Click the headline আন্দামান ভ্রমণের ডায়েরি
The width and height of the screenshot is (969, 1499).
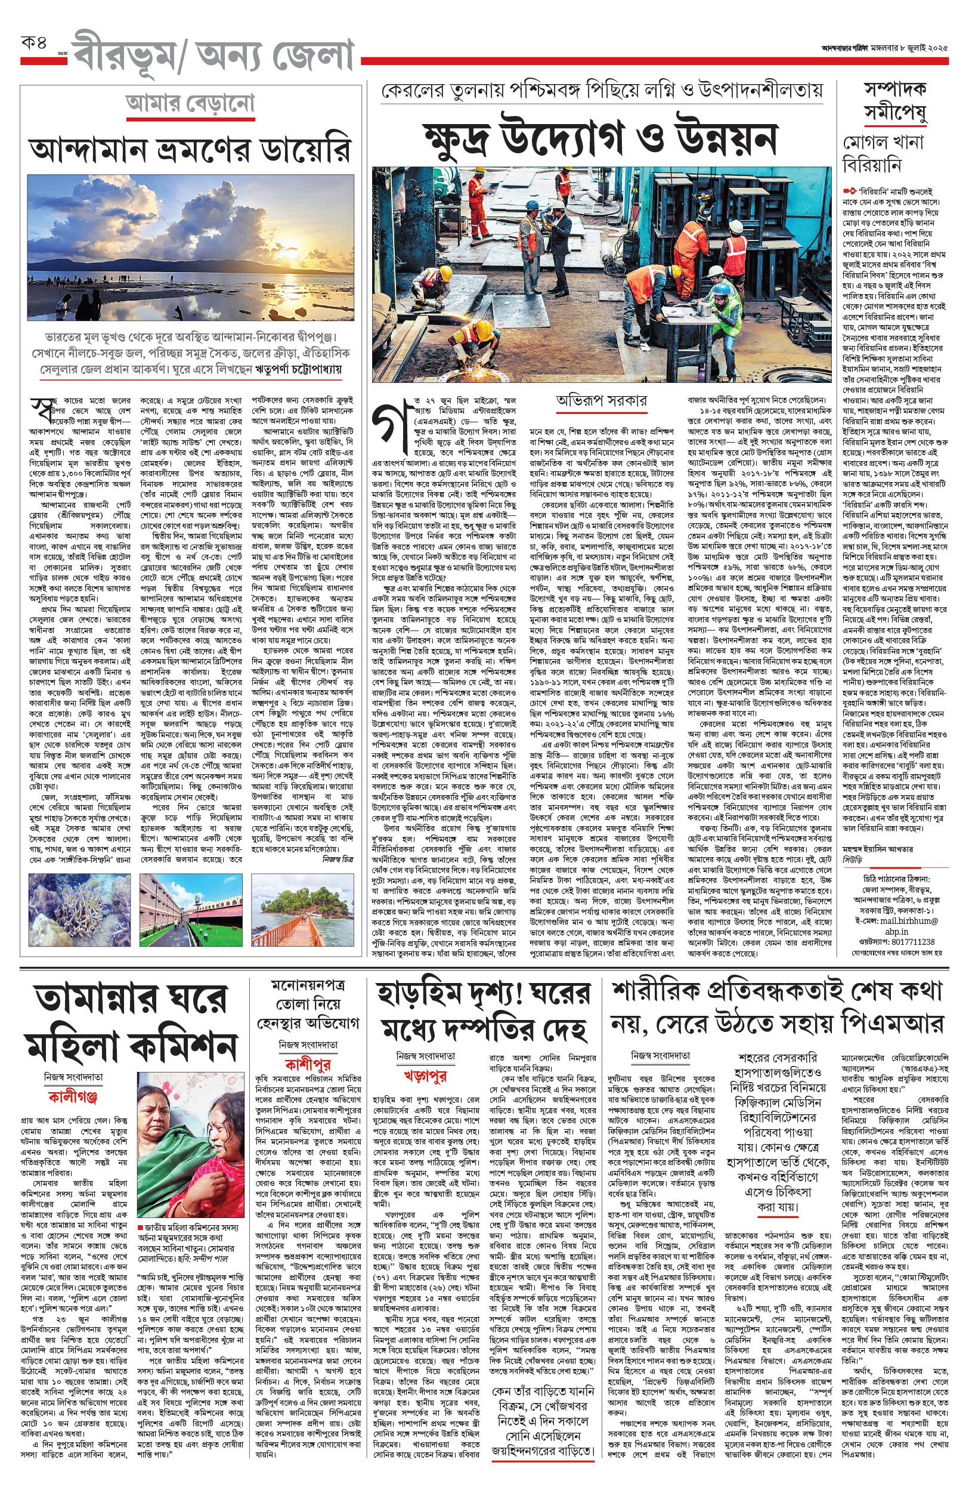click(190, 150)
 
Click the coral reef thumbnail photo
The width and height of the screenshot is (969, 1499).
click(79, 909)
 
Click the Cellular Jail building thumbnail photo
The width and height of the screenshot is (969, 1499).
click(191, 909)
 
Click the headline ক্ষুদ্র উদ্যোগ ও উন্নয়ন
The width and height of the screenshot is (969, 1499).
click(601, 137)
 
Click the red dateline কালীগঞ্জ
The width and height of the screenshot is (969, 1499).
click(73, 1098)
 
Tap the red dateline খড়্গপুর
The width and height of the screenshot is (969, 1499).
click(425, 1076)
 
